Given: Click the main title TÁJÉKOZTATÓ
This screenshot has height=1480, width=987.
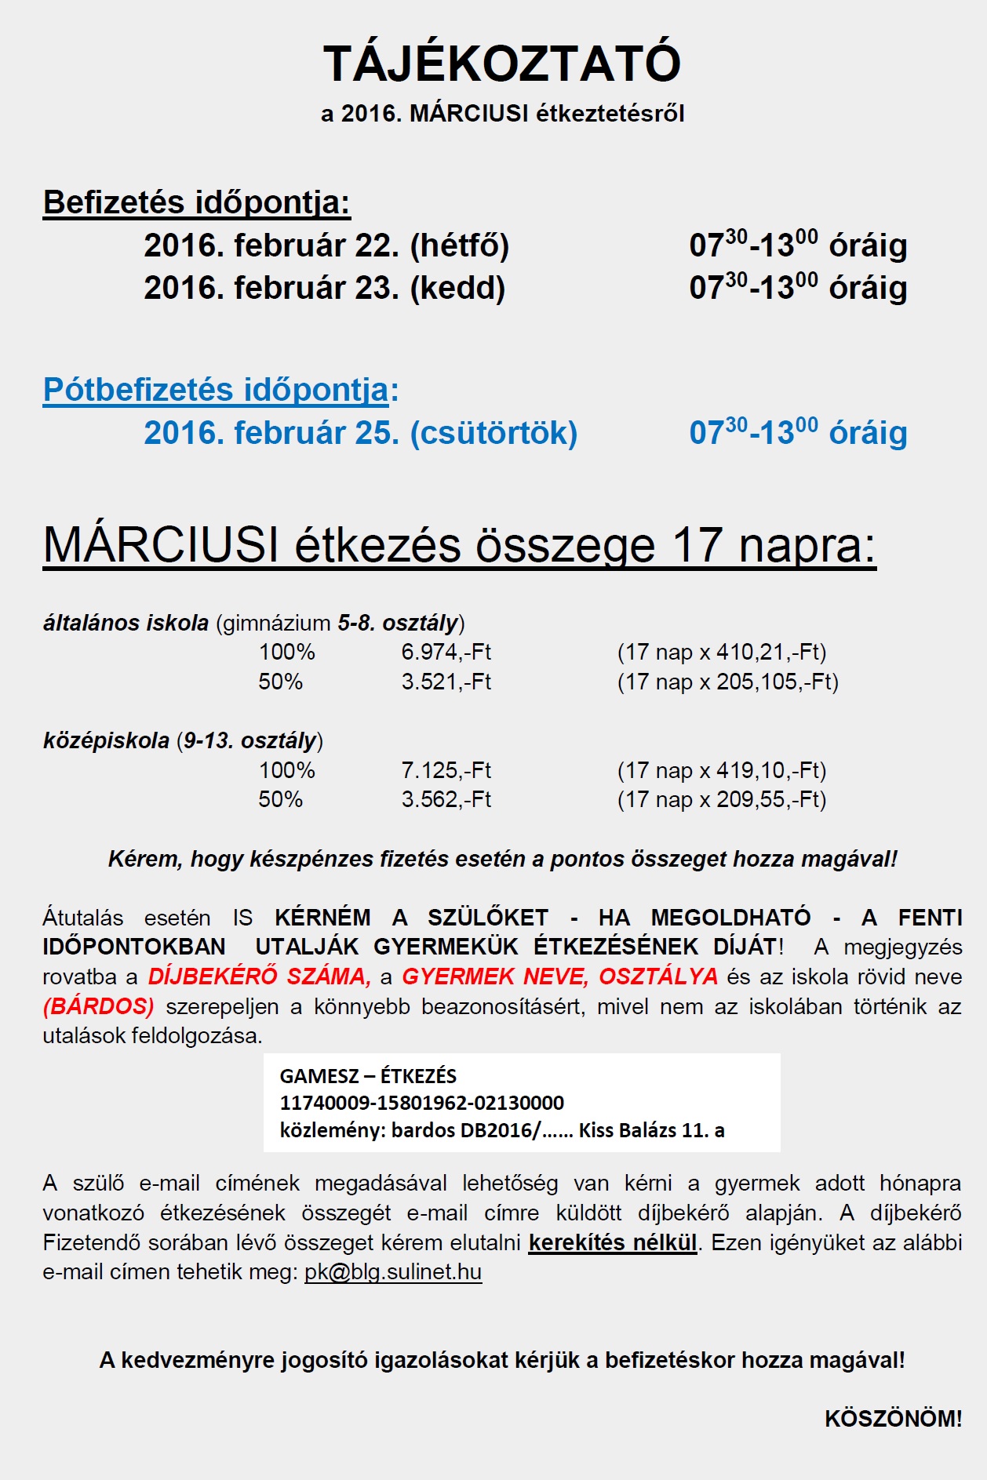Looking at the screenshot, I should pos(501,64).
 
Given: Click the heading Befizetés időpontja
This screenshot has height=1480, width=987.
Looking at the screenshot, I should pos(196,202).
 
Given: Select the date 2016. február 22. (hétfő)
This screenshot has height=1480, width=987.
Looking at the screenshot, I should pos(326,245).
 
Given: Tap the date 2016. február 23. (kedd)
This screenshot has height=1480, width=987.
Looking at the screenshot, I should pos(324,288).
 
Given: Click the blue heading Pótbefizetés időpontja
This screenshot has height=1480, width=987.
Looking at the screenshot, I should pos(217,390).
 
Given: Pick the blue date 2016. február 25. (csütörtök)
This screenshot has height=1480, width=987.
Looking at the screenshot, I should pos(360,433).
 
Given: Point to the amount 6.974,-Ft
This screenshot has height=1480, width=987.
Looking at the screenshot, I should pos(446,652).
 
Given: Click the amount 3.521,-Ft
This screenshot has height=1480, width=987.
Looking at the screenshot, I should pos(446,682).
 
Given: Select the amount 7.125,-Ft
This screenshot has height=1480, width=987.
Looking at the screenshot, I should pos(446,770).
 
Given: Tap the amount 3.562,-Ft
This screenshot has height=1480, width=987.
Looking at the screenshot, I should pos(446,799).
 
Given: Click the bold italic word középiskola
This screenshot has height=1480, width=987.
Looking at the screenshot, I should pos(106,740).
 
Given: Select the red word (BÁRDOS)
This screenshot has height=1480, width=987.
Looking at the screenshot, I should pos(99,1006).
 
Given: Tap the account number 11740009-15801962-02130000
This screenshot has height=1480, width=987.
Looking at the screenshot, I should pos(421,1103).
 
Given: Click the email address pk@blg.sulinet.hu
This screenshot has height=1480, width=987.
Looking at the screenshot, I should pos(392,1271).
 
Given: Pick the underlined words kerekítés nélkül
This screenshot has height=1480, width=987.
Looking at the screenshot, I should pos(612,1242).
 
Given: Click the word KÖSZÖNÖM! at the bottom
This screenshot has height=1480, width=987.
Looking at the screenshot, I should pos(893,1418).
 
